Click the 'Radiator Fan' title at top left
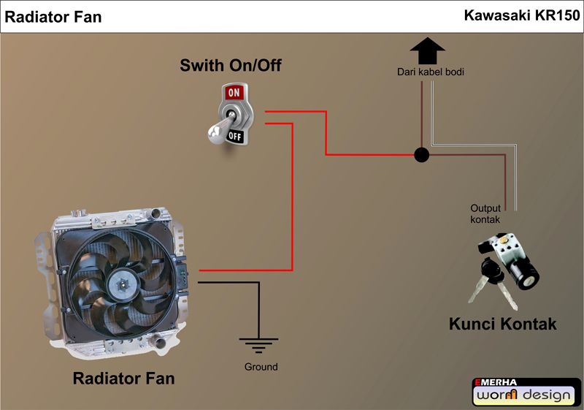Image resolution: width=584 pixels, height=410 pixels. (53, 17)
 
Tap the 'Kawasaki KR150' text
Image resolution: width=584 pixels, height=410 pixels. (521, 15)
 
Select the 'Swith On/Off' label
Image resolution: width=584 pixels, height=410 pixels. (231, 67)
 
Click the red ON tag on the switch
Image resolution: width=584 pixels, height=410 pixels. (234, 93)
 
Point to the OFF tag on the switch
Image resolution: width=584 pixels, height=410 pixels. (235, 135)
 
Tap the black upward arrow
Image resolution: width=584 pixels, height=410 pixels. (427, 52)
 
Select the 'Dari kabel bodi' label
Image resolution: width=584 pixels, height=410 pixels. (431, 72)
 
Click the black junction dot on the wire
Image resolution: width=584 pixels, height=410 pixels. (421, 155)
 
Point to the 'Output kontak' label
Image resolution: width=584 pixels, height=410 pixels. (485, 214)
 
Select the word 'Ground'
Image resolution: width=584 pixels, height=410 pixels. (261, 367)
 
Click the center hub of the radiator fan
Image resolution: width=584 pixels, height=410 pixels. (120, 280)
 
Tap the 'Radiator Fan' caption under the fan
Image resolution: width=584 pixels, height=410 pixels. (123, 379)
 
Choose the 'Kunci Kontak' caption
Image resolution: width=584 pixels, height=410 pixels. (502, 323)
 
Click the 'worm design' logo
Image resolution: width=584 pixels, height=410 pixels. (526, 396)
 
